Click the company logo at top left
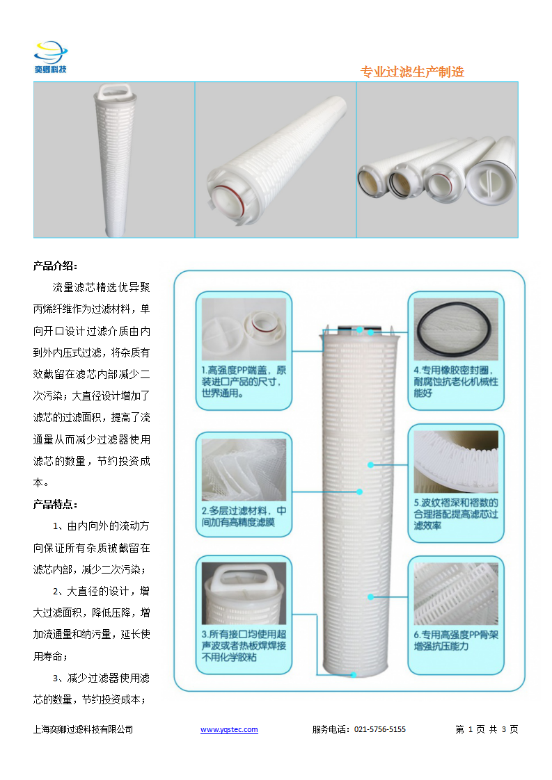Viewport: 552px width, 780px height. [50, 57]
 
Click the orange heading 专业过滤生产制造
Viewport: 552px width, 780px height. [412, 72]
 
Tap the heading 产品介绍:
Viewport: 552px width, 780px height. [55, 266]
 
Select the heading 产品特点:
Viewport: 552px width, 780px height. [55, 505]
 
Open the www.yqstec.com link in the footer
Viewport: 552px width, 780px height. [229, 729]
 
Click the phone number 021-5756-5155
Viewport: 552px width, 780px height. [380, 729]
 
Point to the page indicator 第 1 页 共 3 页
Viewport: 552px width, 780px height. [487, 729]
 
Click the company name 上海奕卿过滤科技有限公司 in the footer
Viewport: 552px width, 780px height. [84, 729]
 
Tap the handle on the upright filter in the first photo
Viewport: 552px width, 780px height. [116, 92]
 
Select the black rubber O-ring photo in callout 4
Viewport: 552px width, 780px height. [456, 330]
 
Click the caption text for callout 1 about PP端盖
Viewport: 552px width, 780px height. [244, 382]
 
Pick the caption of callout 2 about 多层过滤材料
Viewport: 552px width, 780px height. [244, 517]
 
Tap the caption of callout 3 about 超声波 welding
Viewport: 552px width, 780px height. [244, 645]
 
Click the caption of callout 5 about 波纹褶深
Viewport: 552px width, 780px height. [456, 514]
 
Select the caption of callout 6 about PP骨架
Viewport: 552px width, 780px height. [456, 640]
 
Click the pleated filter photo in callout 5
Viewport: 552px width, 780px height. [456, 462]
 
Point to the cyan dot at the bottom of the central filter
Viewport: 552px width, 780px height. [353, 675]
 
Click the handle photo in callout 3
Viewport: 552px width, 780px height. [244, 593]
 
